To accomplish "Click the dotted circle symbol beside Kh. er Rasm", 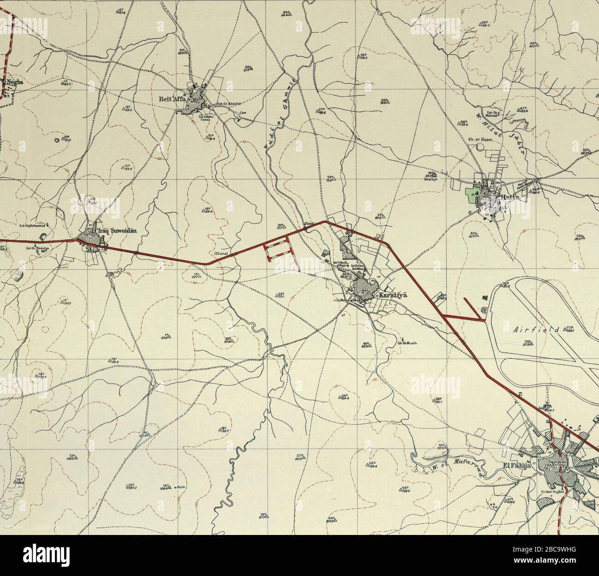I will (481, 147).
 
